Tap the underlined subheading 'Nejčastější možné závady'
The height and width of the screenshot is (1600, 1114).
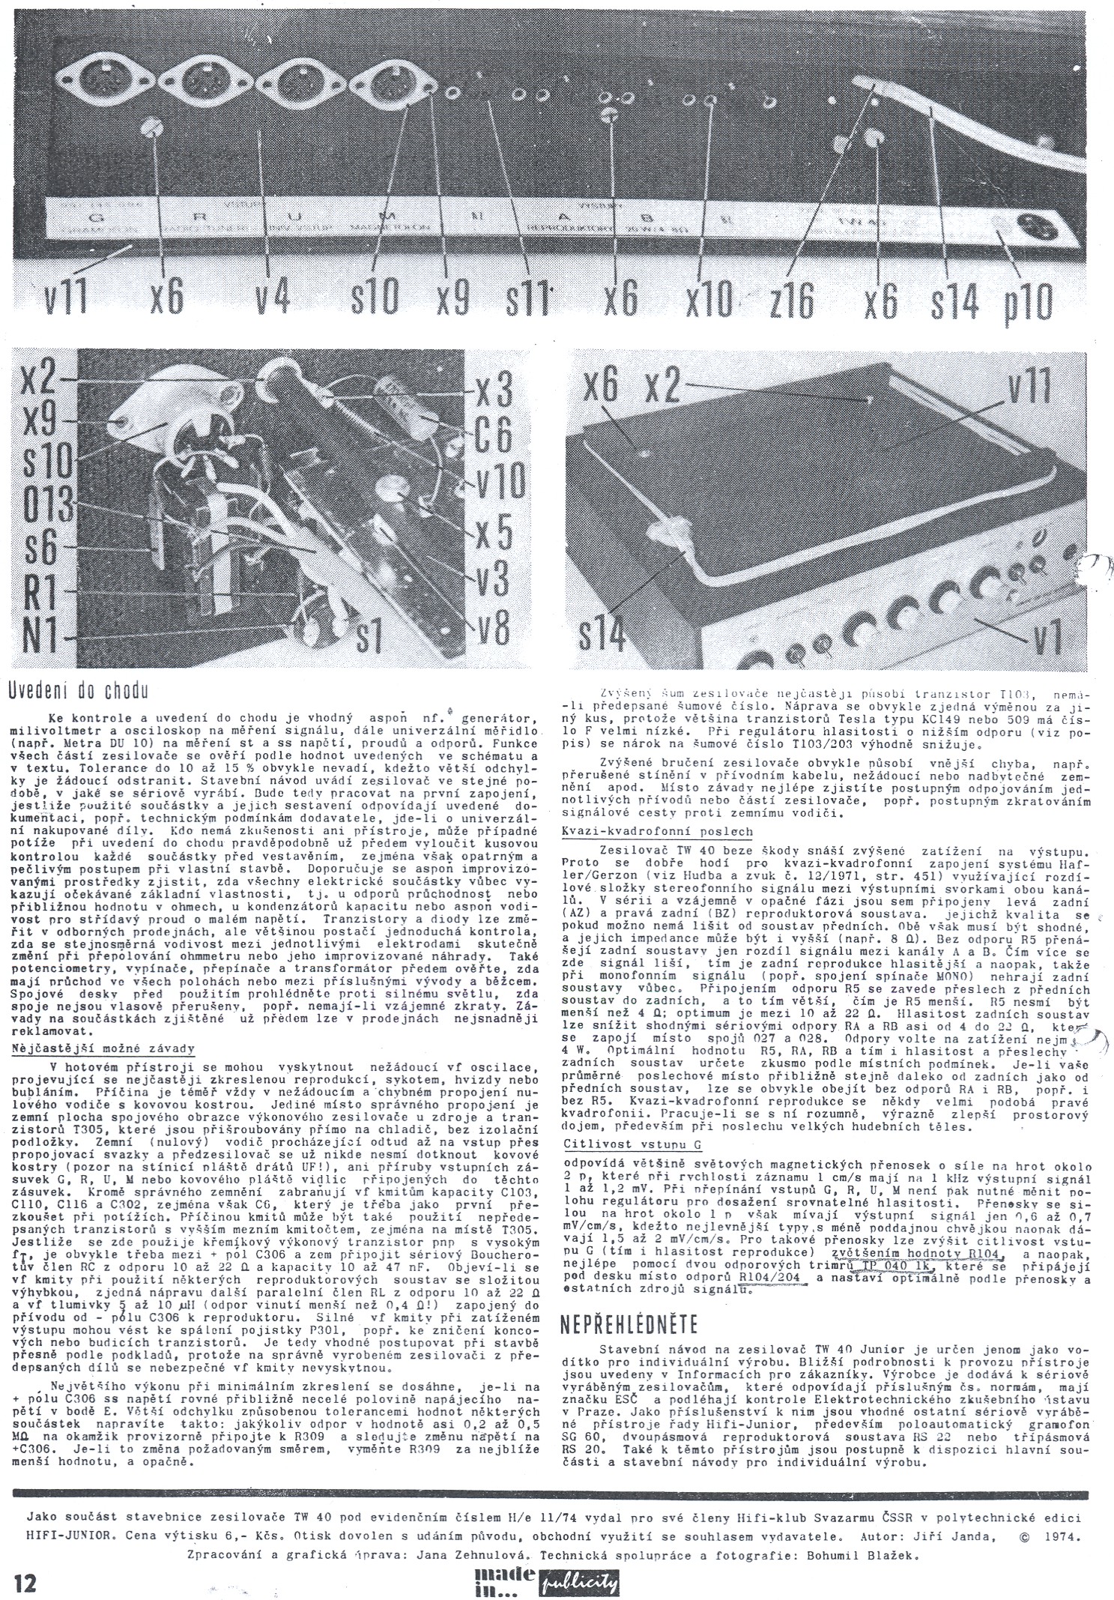click(x=104, y=1049)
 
